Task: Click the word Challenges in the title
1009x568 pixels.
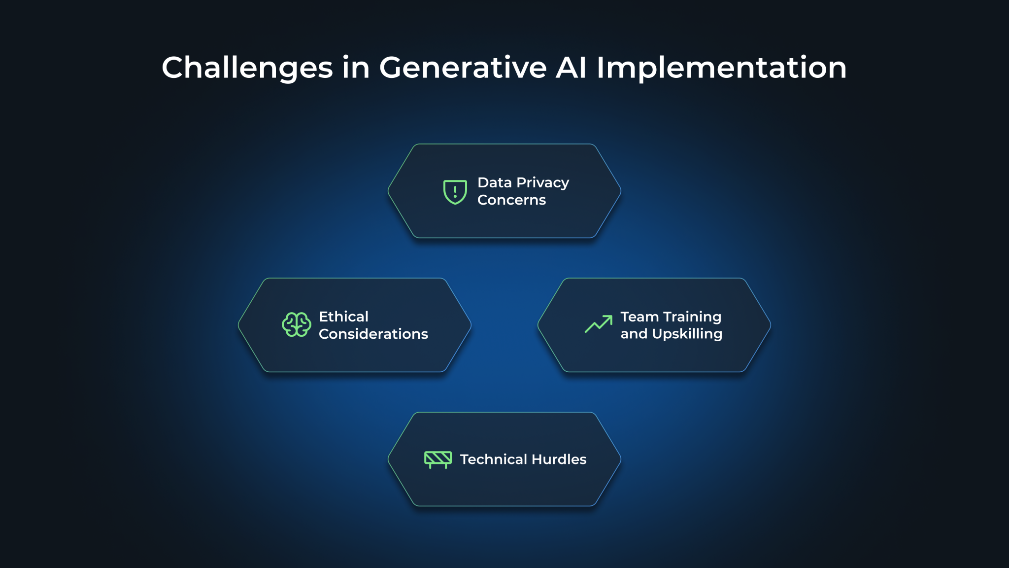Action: click(x=247, y=68)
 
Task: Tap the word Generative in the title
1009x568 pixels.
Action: click(x=463, y=68)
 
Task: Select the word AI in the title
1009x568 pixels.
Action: click(x=571, y=68)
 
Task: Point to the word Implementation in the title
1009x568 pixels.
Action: click(x=722, y=68)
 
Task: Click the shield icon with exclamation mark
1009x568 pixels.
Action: click(x=455, y=191)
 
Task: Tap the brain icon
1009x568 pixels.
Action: click(x=296, y=325)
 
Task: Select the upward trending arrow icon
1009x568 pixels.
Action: click(x=599, y=324)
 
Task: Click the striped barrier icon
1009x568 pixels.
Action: click(x=438, y=459)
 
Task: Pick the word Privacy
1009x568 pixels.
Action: click(x=543, y=183)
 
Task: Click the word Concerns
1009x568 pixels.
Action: click(x=511, y=200)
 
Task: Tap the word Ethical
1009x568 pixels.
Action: click(x=343, y=317)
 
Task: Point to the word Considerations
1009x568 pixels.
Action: click(x=373, y=334)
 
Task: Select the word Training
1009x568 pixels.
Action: click(x=692, y=317)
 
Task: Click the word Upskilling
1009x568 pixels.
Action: click(x=687, y=334)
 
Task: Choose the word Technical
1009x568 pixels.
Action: click(x=493, y=460)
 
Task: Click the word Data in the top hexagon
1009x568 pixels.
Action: click(x=494, y=183)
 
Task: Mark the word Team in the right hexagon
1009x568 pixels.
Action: click(x=639, y=317)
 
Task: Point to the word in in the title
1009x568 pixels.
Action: click(x=356, y=68)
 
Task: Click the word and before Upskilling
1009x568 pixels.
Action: click(x=634, y=334)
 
